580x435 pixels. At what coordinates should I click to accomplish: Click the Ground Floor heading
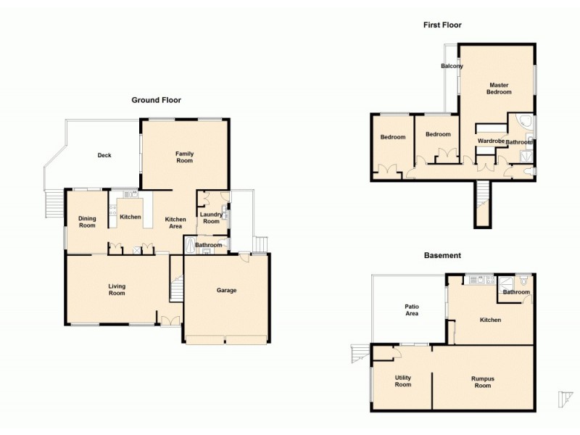[x=156, y=100]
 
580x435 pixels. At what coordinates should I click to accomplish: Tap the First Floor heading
[x=442, y=25]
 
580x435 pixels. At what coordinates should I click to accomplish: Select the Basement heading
[x=442, y=255]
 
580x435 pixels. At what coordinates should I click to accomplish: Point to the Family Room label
[x=184, y=157]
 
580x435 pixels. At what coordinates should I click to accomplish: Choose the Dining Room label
[x=87, y=221]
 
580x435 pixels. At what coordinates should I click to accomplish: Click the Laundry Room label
[x=211, y=217]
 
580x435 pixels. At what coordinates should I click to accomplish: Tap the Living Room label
[x=117, y=289]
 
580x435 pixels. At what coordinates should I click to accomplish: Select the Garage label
[x=227, y=290]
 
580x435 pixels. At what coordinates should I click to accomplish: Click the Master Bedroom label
[x=499, y=88]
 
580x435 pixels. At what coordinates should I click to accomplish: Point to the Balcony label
[x=452, y=66]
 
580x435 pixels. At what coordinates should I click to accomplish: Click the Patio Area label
[x=412, y=310]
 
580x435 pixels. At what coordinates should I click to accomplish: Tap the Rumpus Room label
[x=482, y=381]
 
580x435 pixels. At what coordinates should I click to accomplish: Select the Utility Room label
[x=402, y=381]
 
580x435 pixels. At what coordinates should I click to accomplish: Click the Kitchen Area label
[x=175, y=223]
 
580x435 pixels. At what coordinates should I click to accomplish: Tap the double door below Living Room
[x=171, y=320]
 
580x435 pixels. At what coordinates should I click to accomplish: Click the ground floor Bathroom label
[x=209, y=245]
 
